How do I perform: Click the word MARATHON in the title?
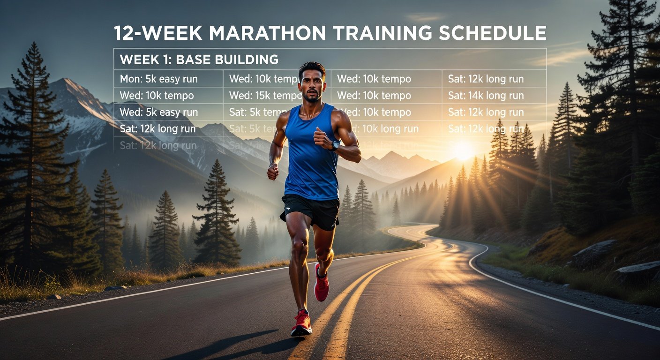click(x=266, y=33)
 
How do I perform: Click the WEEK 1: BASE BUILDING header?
click(x=199, y=60)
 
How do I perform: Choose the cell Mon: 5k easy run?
click(x=159, y=79)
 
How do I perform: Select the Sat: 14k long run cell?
click(x=486, y=96)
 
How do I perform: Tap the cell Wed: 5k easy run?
click(x=159, y=112)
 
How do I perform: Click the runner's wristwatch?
click(x=335, y=145)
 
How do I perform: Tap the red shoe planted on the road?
click(x=302, y=323)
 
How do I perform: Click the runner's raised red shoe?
click(x=321, y=284)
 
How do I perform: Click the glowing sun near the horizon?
click(x=464, y=151)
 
